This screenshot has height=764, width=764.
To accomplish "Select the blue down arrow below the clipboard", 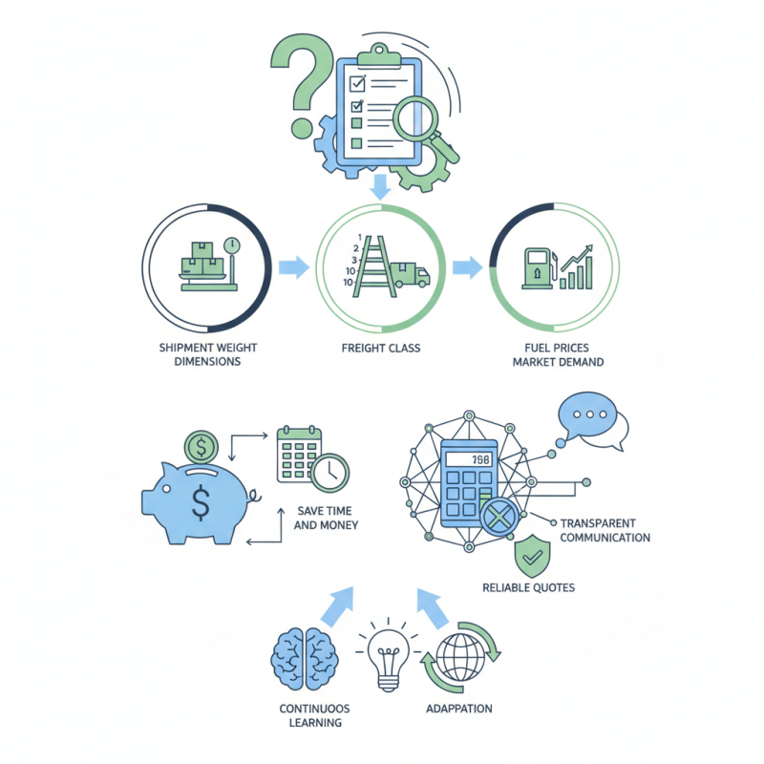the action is click(x=380, y=186).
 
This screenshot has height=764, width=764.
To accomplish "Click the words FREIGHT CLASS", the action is click(x=381, y=348).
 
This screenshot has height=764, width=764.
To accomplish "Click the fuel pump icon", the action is click(x=540, y=268).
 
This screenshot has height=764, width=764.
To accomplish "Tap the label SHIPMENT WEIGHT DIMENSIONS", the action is click(x=208, y=354).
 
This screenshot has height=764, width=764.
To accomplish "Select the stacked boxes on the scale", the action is click(x=202, y=259).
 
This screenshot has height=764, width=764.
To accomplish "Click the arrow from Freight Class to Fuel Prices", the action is click(x=468, y=267).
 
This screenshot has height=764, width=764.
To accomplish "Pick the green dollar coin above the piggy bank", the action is click(x=202, y=447).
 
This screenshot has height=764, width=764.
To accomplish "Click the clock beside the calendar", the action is click(x=329, y=473).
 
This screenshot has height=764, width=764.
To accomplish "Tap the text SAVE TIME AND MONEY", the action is click(x=326, y=518).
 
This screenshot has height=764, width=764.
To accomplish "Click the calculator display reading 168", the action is click(x=469, y=459).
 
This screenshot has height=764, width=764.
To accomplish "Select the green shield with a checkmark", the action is click(x=533, y=557).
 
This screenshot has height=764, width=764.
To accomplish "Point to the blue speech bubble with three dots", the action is click(x=587, y=415).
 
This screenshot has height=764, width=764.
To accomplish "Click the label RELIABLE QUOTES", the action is click(x=529, y=587).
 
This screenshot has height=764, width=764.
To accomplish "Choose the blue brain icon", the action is click(x=305, y=659).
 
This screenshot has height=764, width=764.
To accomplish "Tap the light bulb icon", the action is click(x=389, y=658).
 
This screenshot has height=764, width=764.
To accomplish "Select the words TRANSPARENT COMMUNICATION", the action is click(x=605, y=530).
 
